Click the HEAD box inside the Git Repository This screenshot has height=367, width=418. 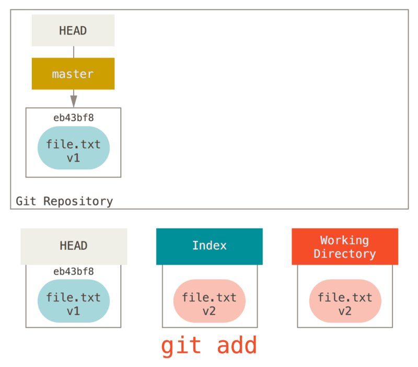(73, 30)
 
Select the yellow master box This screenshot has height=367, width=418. (73, 74)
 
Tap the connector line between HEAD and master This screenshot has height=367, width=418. (73, 52)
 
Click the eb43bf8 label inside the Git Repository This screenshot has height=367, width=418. (73, 118)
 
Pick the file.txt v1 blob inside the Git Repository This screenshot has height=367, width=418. (73, 148)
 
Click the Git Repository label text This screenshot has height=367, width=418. (64, 201)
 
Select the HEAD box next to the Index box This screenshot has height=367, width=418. (74, 246)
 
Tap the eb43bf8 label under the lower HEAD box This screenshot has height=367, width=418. (73, 271)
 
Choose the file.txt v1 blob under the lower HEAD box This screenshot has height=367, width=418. (73, 301)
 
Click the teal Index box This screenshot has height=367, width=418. (209, 246)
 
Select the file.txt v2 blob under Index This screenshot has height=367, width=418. (209, 301)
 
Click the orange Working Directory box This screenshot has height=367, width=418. (344, 246)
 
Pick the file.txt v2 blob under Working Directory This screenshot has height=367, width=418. (345, 301)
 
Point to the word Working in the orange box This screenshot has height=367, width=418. (344, 240)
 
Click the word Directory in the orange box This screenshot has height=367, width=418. (344, 254)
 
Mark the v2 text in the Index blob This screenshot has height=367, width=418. (209, 311)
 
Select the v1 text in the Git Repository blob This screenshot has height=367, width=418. (73, 157)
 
